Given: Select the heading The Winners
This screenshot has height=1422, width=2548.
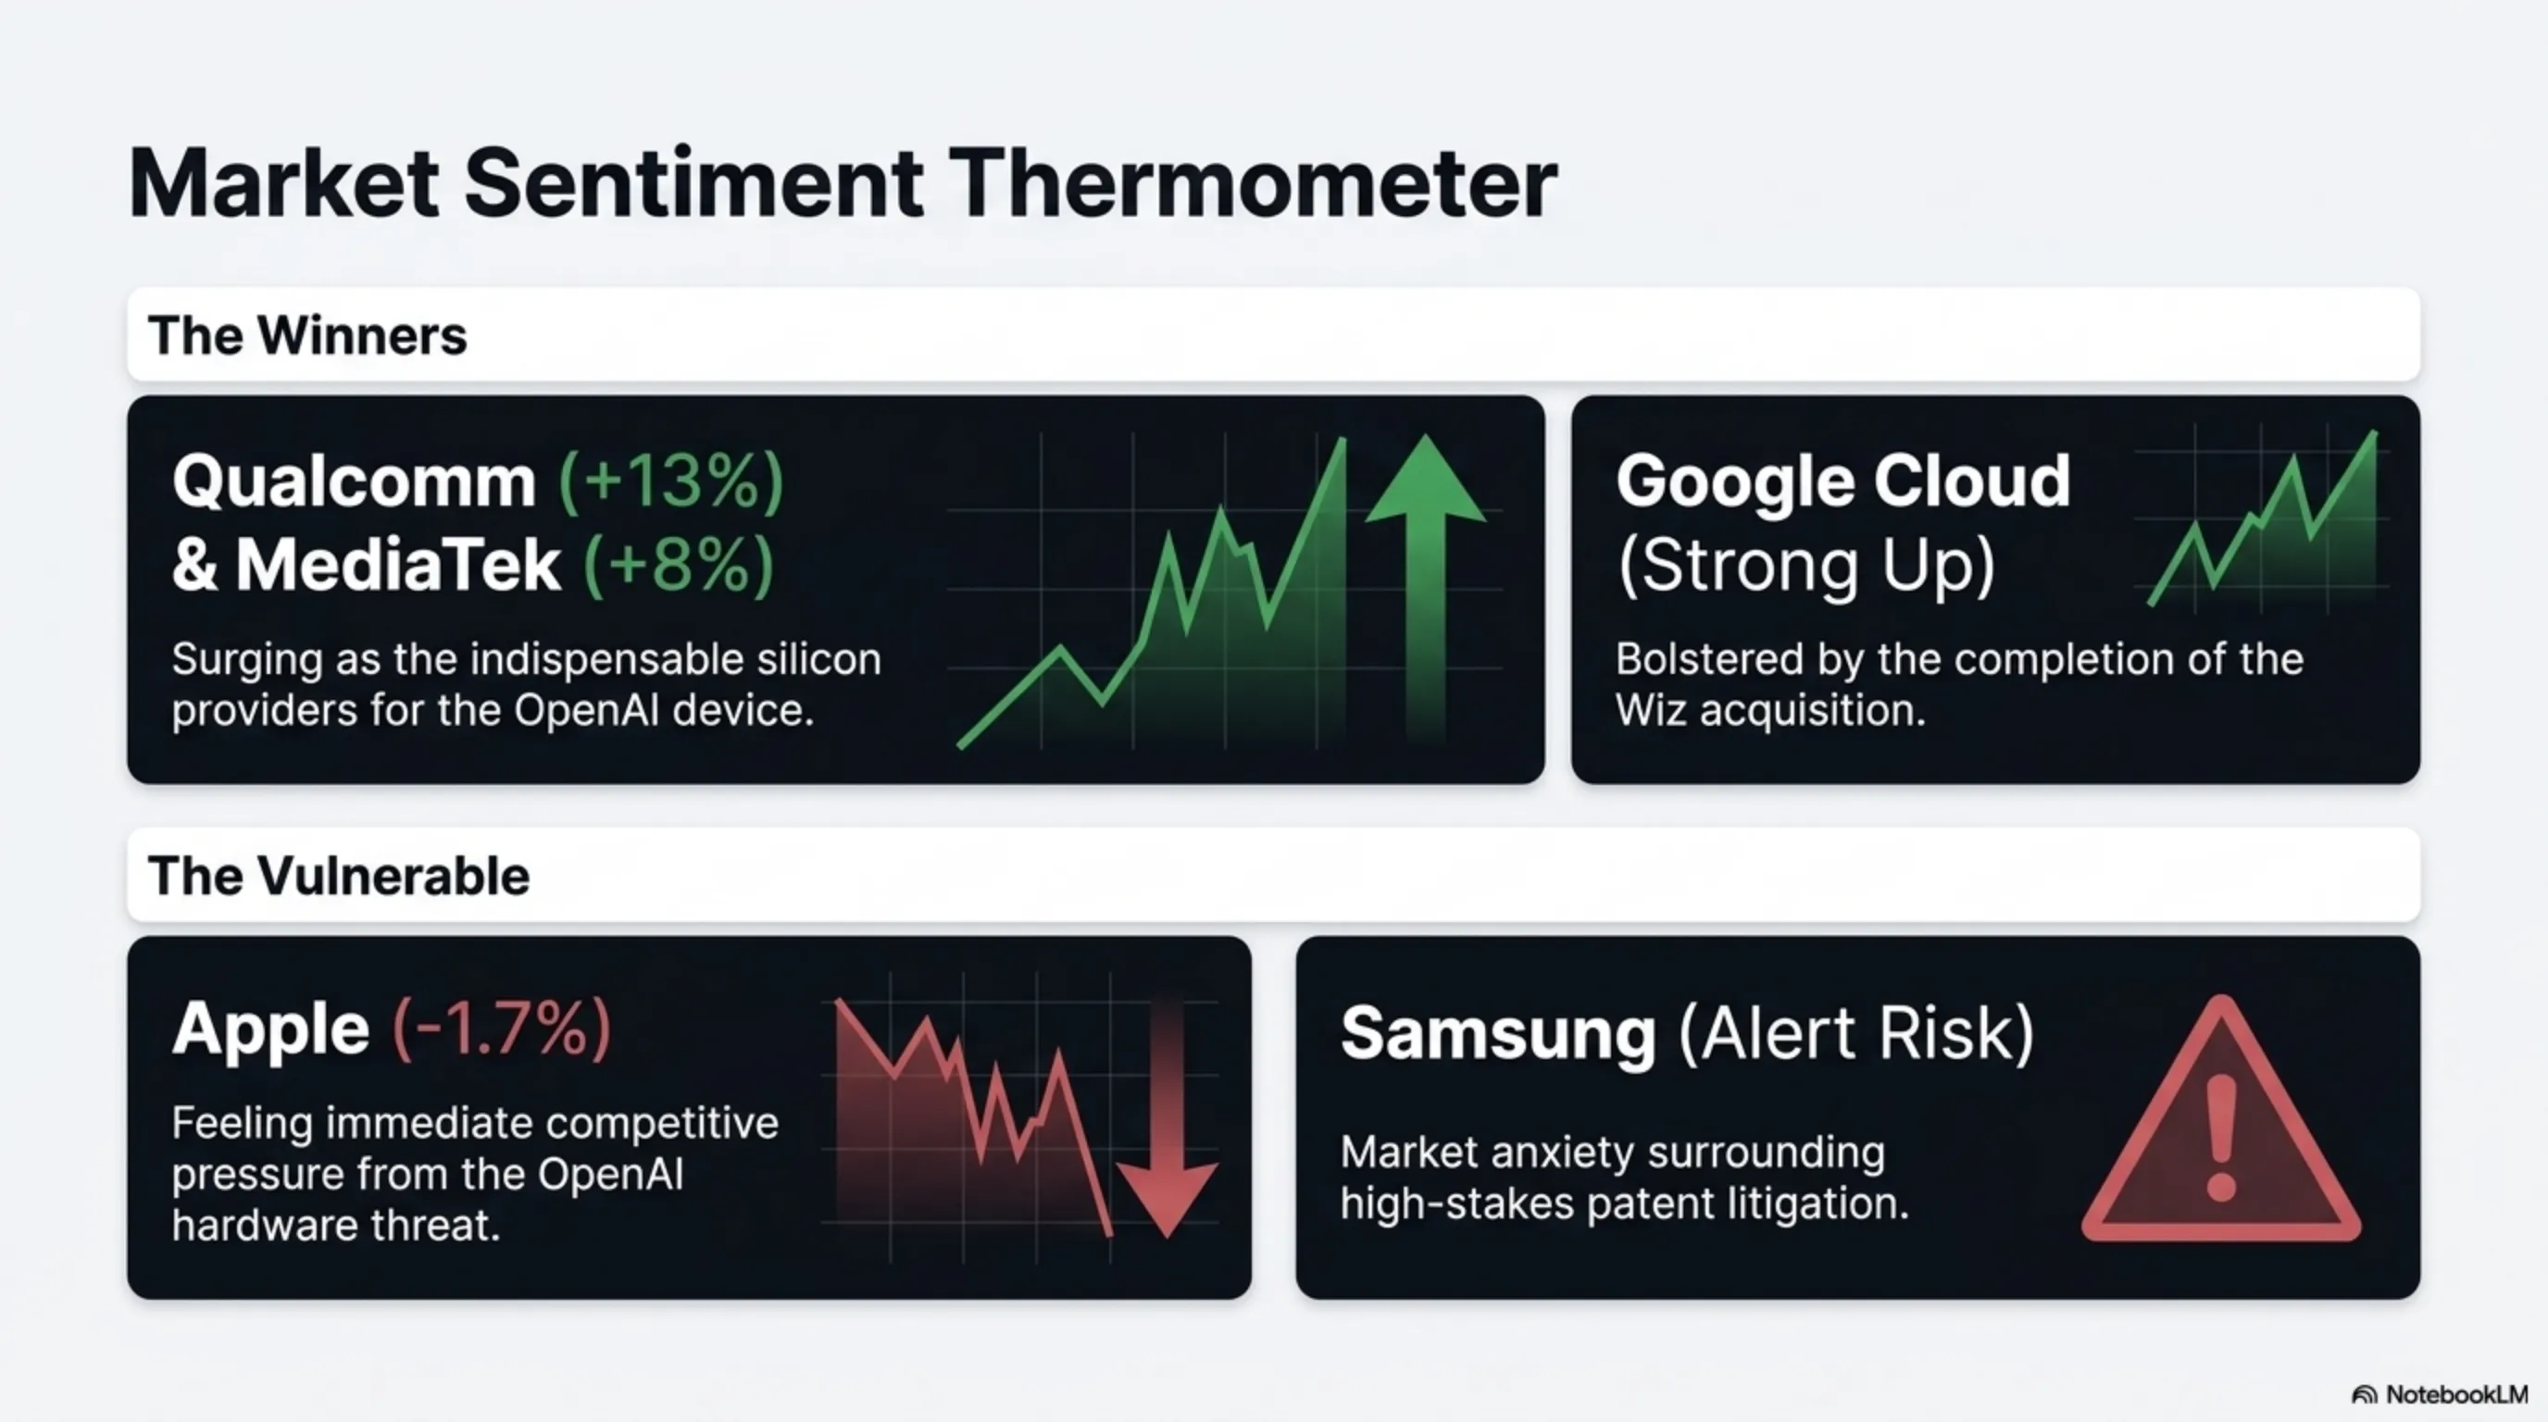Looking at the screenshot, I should coord(306,335).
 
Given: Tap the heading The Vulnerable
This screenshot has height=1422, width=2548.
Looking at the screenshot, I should coord(338,876).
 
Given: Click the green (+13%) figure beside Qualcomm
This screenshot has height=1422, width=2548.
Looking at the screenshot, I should coord(671,481).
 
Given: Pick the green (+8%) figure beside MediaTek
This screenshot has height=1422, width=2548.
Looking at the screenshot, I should coord(679,566).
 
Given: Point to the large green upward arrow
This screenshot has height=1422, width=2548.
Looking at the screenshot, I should coord(1424,583).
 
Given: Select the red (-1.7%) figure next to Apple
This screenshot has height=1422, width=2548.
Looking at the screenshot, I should coord(502,1029).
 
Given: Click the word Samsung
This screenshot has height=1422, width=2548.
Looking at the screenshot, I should coord(1497,1033).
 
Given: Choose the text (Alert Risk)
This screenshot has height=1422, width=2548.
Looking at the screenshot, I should coord(1856,1033).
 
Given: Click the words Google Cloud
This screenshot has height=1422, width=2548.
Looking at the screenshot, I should coord(1842,481).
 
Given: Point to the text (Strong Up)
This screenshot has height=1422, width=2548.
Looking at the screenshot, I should coord(1805,566).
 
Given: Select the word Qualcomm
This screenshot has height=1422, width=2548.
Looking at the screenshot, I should coord(354,481).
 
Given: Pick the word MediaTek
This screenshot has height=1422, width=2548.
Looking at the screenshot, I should coord(397,566).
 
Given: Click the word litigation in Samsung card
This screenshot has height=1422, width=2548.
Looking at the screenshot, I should coord(1818,1204).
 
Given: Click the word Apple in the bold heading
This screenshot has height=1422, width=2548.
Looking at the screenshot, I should coord(271,1029).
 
